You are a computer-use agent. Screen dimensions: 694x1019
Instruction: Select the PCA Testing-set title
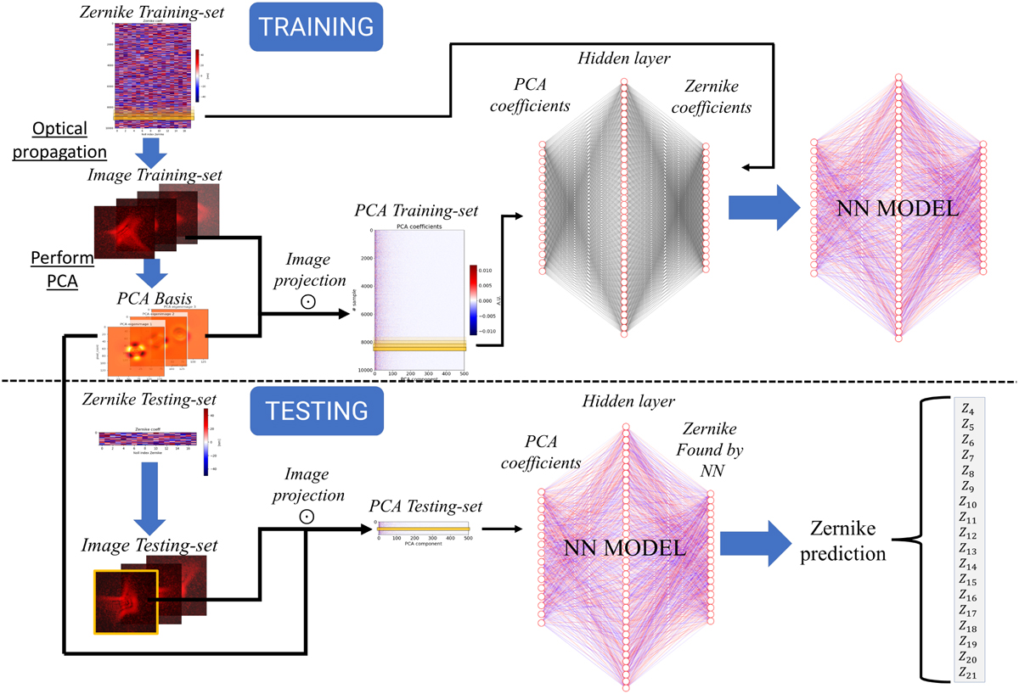(426, 507)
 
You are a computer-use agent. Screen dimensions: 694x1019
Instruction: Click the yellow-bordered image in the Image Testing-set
(127, 602)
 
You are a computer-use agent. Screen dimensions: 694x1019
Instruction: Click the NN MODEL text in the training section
(898, 209)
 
